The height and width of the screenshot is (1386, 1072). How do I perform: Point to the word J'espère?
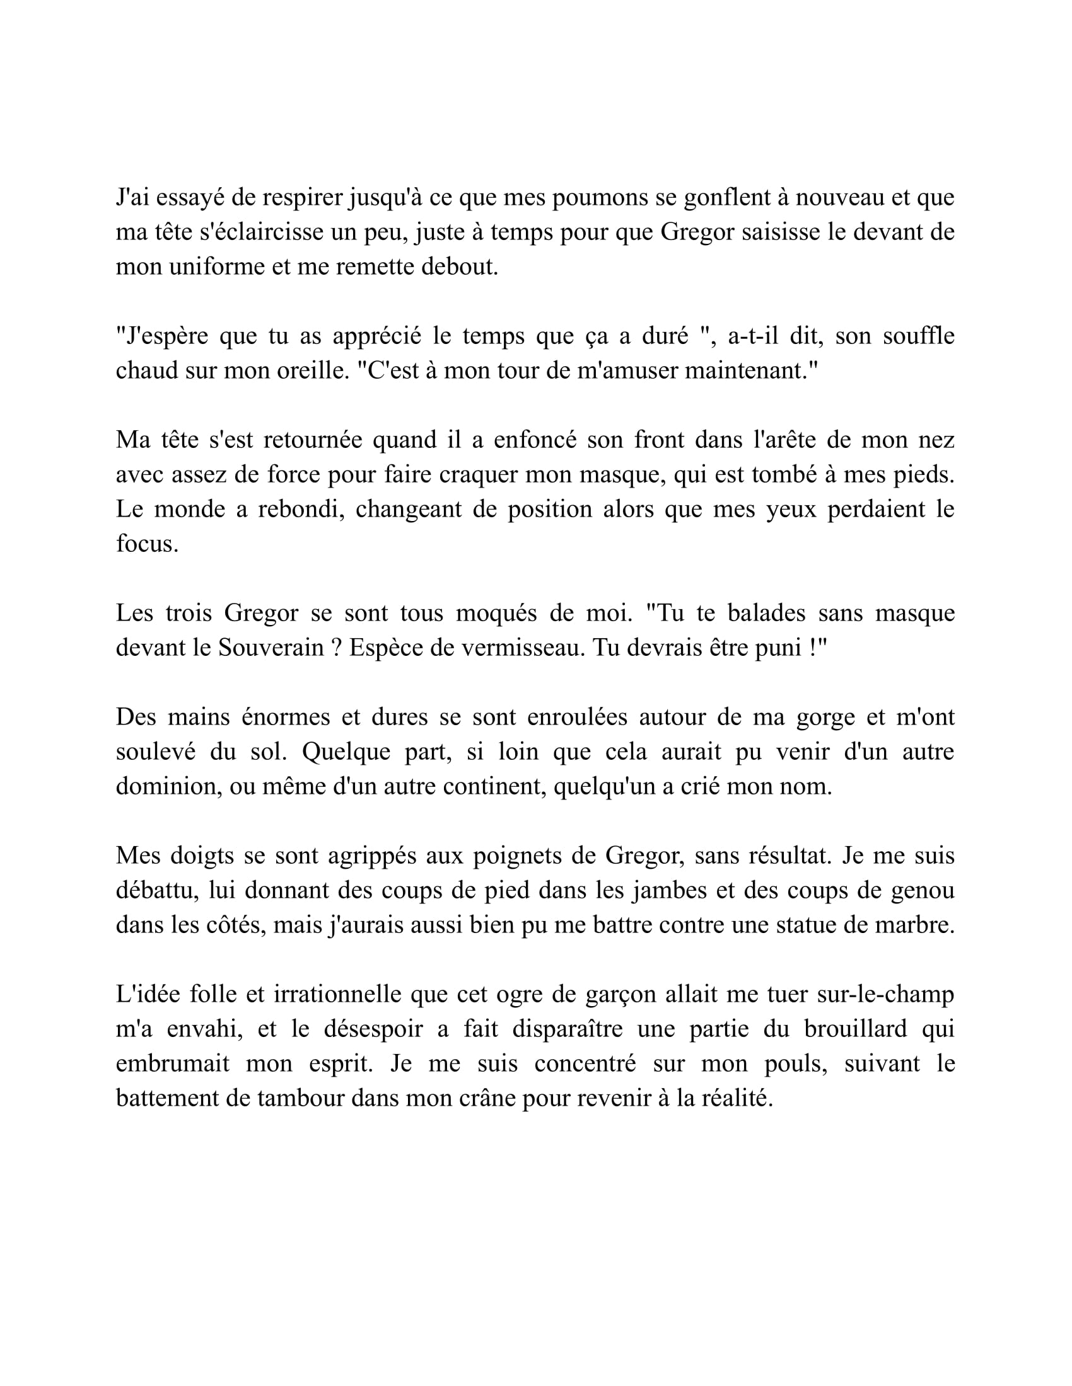coord(161,336)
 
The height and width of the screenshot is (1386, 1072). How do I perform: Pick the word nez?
coord(936,440)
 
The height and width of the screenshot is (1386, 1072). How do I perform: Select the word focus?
coord(147,544)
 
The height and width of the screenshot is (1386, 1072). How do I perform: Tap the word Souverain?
coord(271,648)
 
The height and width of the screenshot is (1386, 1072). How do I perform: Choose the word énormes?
coord(286,717)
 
